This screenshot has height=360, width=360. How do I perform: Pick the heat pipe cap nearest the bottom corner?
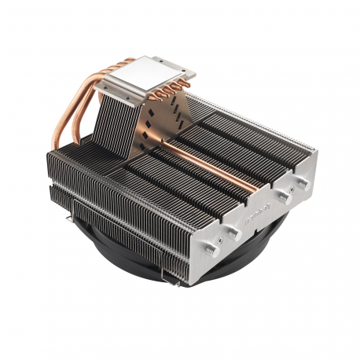(233, 233)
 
